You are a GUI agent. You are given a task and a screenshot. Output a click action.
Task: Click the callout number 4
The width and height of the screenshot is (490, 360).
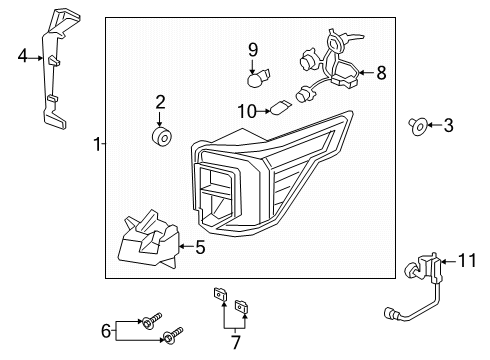click(22, 56)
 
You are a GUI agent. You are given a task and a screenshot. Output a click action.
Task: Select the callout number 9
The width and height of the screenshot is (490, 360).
click(253, 50)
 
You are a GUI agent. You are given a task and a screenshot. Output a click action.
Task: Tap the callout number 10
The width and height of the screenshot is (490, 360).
click(247, 111)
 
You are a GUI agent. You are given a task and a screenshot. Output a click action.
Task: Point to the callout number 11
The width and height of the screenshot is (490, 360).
click(467, 260)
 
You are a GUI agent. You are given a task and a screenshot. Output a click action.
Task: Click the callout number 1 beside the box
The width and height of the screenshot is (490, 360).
click(97, 144)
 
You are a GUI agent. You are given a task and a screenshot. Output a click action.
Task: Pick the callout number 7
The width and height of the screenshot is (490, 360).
click(236, 342)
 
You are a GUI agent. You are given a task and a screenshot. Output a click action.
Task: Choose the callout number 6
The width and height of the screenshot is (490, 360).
click(106, 331)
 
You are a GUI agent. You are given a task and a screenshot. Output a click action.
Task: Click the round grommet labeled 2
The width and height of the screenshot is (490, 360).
click(162, 137)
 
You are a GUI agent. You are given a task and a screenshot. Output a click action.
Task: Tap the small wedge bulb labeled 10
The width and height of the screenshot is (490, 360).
click(280, 107)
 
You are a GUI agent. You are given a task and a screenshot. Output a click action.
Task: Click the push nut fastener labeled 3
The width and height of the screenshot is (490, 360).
click(418, 126)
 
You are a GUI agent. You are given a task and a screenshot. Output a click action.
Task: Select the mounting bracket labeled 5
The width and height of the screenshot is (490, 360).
click(148, 241)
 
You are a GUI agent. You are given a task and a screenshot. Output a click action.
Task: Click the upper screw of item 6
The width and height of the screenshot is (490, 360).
click(151, 320)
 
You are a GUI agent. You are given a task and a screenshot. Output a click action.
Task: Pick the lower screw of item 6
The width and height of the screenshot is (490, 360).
click(173, 335)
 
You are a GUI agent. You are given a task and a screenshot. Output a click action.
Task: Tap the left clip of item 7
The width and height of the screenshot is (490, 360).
click(220, 294)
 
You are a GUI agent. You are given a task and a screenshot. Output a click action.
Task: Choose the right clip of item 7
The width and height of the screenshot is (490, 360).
click(242, 306)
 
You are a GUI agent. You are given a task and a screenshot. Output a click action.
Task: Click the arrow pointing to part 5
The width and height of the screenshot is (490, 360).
click(186, 246)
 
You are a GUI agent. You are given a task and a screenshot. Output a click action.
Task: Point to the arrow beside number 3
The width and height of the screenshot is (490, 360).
click(434, 125)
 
